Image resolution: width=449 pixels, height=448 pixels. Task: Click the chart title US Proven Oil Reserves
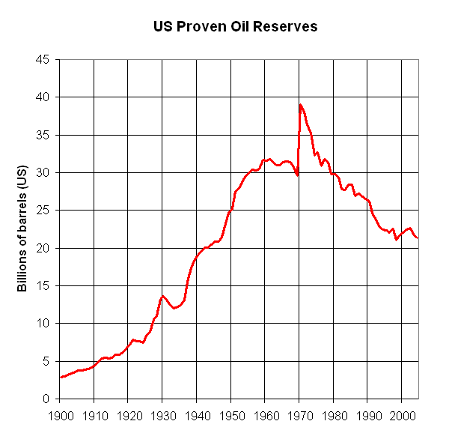pyautogui.click(x=235, y=26)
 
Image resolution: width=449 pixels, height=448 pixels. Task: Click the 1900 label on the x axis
pyautogui.click(x=60, y=413)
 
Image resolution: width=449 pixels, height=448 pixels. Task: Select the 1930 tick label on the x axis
pyautogui.click(x=162, y=413)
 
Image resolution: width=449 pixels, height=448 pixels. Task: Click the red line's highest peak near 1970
pyautogui.click(x=300, y=105)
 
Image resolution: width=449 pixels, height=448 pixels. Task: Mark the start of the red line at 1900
pyautogui.click(x=61, y=377)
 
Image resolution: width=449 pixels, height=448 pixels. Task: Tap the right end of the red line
pyautogui.click(x=417, y=237)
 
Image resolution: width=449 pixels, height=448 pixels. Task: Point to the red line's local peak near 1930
pyautogui.click(x=162, y=296)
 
